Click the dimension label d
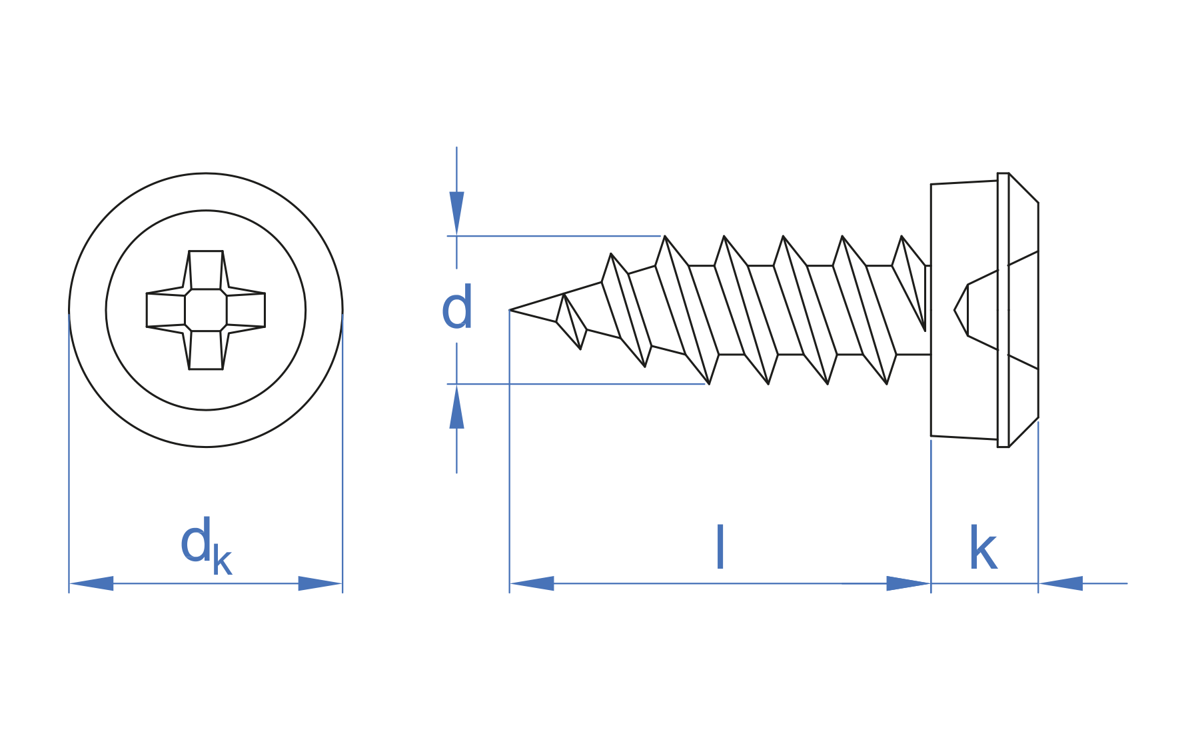pos(457,307)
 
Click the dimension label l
pos(720,547)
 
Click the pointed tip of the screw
pos(512,310)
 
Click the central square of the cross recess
pos(206,310)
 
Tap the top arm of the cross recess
pos(206,269)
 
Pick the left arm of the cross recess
pos(165,310)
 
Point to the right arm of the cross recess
pos(246,310)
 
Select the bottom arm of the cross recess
pos(206,351)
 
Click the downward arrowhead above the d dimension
pos(456,213)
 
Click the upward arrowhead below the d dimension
pos(456,407)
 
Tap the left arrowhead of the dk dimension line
pos(92,583)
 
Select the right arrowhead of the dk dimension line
pos(320,583)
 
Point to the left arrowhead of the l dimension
pos(532,583)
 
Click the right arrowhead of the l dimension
pos(907,583)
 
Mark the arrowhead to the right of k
pos(1061,583)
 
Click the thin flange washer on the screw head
pos(1003,310)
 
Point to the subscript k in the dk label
pos(223,561)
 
